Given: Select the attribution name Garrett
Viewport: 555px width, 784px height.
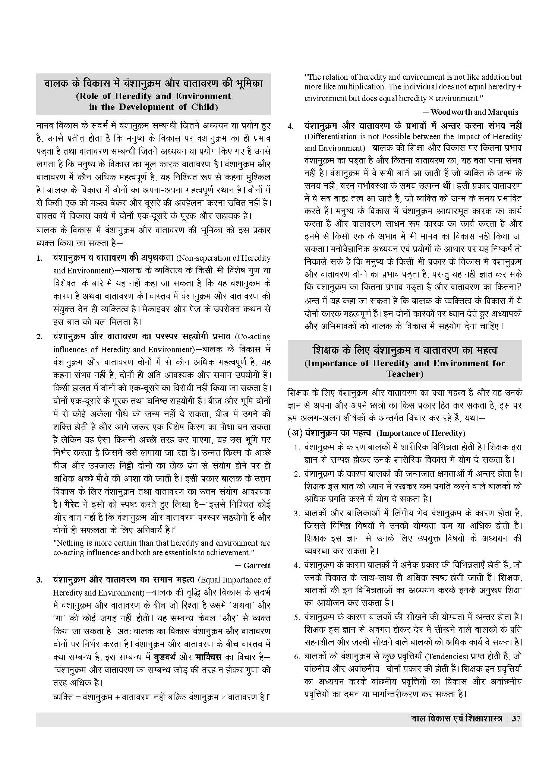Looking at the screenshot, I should tap(257, 566).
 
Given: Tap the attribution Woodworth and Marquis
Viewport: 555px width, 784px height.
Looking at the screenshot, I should tap(474, 112).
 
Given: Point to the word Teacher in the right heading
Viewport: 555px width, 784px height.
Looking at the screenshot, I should tap(404, 374).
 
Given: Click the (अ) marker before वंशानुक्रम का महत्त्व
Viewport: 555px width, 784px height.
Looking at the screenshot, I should tap(294, 433).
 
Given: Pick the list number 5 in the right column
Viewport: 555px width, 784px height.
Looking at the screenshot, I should tap(297, 618).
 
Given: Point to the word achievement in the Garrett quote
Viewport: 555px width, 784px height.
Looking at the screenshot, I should tap(228, 553).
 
